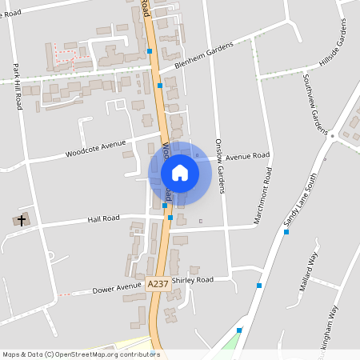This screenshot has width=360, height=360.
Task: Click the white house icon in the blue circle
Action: (180, 172)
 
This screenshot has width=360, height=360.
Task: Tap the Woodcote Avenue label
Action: (96, 148)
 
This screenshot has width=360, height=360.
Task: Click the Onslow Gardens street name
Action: (220, 166)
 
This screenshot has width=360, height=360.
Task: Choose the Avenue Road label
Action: (249, 157)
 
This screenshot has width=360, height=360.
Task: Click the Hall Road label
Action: (104, 218)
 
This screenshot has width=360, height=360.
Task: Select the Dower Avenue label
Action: (116, 289)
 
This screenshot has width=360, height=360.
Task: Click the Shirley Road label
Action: (194, 281)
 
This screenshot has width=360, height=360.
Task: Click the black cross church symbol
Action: (22, 218)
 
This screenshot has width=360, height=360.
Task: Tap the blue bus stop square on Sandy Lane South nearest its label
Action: (286, 232)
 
